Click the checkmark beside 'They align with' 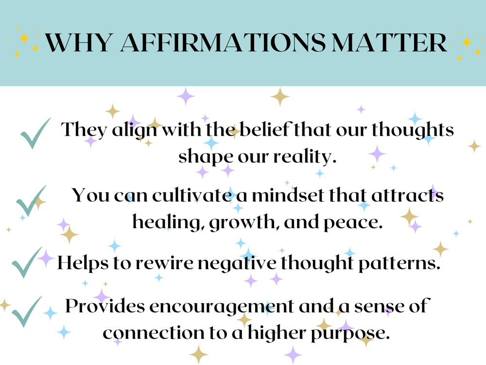pyautogui.click(x=35, y=133)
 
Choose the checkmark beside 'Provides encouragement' pyautogui.click(x=27, y=311)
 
